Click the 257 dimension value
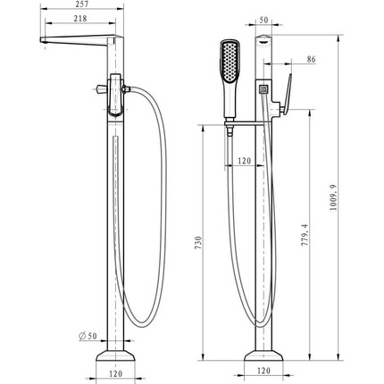coord(81,4)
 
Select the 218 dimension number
coord(80,19)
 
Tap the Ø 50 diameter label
coord(88,336)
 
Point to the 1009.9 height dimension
coord(333,197)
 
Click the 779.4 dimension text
coord(305,235)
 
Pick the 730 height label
coord(198,243)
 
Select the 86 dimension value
coord(311,59)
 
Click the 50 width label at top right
coord(263,20)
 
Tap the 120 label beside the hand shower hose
coord(245,161)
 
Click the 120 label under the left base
coord(116,373)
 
